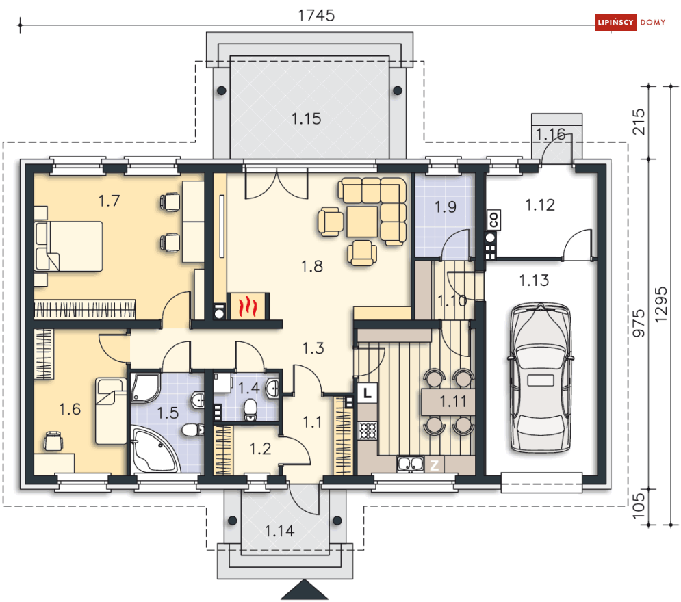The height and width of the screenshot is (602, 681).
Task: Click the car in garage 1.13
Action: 540,378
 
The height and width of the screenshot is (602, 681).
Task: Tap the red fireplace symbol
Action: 248,306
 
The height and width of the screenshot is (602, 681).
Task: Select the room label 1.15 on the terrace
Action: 306,118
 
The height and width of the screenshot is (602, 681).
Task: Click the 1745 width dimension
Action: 316,16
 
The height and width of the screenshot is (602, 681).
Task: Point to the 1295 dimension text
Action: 660,304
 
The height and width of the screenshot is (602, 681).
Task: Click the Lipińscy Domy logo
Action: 630,22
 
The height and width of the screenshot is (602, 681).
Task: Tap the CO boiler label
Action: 493,220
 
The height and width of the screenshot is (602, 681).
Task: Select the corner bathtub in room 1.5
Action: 154,450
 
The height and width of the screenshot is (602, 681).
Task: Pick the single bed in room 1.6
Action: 111,411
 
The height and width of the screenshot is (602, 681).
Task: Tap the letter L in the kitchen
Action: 368,393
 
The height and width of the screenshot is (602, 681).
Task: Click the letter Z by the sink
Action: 434,466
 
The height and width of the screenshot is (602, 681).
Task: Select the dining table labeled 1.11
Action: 448,402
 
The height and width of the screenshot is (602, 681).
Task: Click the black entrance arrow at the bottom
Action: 304,590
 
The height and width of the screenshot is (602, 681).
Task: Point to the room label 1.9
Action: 446,207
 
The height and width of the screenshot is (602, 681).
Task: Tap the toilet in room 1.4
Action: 250,410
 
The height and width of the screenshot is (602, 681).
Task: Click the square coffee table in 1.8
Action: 362,222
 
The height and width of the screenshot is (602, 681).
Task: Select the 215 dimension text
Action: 639,122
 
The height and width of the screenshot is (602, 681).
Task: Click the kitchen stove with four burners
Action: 368,431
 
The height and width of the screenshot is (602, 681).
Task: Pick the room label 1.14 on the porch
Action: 279,531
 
